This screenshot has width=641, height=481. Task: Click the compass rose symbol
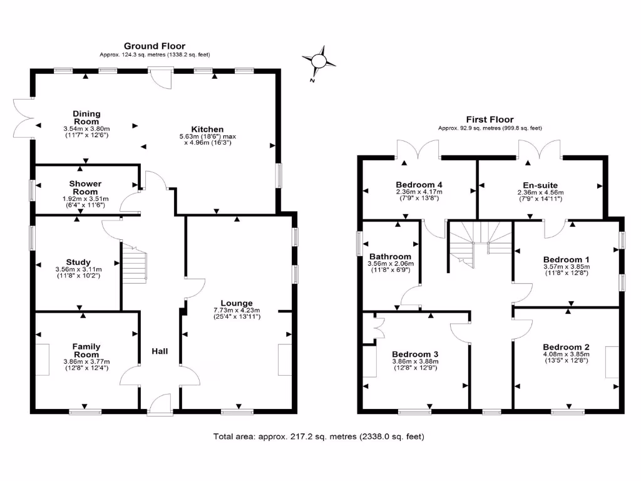click(319, 61)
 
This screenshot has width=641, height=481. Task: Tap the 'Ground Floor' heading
click(155, 46)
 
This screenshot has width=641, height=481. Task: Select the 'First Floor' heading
click(490, 119)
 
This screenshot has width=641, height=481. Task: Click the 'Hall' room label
click(160, 351)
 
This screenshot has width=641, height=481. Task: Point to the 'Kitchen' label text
click(209, 129)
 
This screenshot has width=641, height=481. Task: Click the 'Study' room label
click(78, 262)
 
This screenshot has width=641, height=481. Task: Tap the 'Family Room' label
click(86, 350)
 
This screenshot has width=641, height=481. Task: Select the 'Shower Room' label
click(85, 187)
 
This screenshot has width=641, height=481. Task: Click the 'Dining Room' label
click(87, 117)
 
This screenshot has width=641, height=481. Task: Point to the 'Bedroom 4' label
click(419, 185)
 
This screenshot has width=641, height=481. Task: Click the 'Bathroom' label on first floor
click(390, 256)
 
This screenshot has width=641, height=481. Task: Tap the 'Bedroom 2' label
click(566, 347)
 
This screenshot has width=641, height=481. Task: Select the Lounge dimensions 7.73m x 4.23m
click(236, 310)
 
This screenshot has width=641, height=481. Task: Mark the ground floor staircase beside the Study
click(133, 266)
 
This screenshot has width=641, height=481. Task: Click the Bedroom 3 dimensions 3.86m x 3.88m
click(415, 361)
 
